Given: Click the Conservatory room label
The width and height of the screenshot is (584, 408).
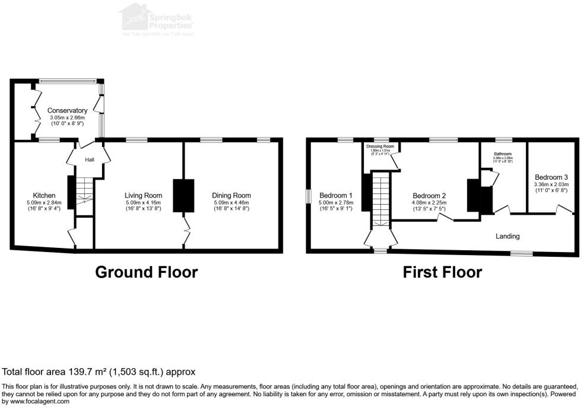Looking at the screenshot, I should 67,110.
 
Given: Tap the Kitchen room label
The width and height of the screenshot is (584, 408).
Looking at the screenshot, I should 45,195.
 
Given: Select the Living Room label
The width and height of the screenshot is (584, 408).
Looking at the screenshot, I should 143,195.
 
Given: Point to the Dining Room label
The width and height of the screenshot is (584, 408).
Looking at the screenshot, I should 231,195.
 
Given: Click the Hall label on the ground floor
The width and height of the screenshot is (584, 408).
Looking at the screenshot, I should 89,160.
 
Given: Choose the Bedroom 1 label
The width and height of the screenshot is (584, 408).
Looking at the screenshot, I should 336,195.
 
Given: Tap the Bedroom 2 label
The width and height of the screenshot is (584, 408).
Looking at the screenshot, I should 429,196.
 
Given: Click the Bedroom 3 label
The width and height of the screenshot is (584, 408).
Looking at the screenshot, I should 551,177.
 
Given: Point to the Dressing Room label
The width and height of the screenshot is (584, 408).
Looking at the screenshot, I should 380,146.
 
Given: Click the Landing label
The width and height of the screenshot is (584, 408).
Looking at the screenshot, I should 507,236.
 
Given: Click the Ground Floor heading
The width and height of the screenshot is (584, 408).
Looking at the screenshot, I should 146,272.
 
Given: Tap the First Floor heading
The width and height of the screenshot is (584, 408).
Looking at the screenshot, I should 442,272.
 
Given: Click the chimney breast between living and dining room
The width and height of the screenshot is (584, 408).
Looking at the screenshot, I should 183,195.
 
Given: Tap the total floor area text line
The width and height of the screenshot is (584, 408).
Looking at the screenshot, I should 99,372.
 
